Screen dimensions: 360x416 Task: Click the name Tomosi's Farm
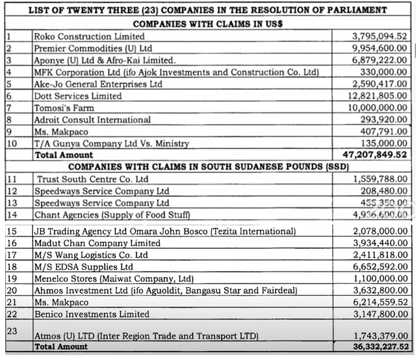[64, 108]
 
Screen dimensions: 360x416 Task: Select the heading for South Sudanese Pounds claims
[208, 167]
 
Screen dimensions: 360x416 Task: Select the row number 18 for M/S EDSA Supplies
[10, 267]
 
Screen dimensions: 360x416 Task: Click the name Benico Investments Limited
[90, 315]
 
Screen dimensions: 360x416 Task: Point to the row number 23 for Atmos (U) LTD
[10, 329]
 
